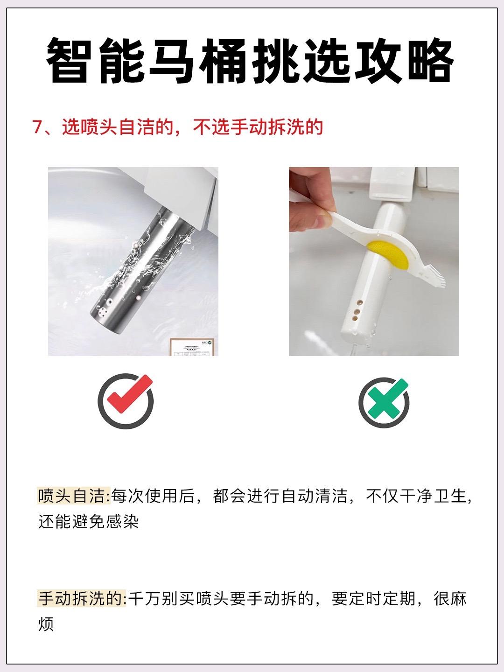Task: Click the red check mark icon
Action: (130, 392)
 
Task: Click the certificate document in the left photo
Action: (192, 347)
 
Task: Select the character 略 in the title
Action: (431, 60)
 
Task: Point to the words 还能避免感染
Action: (89, 522)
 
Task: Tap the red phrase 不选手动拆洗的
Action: (258, 127)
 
